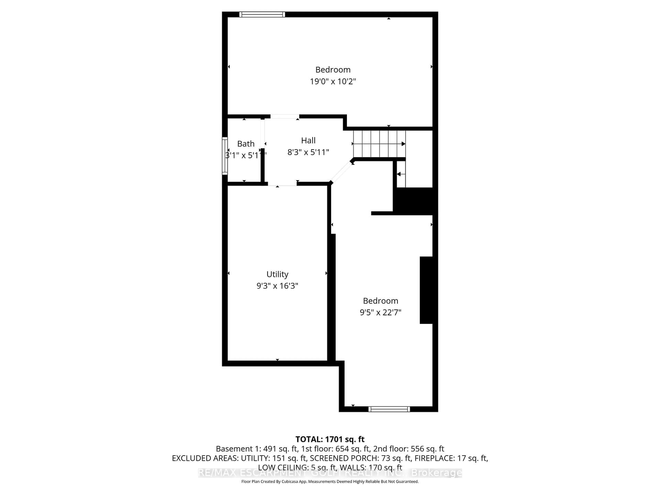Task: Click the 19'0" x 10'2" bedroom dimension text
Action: click(333, 81)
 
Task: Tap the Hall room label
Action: click(308, 140)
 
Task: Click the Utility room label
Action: click(277, 274)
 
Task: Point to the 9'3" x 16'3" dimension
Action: click(277, 286)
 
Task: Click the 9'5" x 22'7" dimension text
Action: click(380, 312)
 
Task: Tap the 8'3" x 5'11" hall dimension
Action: click(308, 152)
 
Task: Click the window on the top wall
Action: click(262, 14)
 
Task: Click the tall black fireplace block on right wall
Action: click(426, 290)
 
